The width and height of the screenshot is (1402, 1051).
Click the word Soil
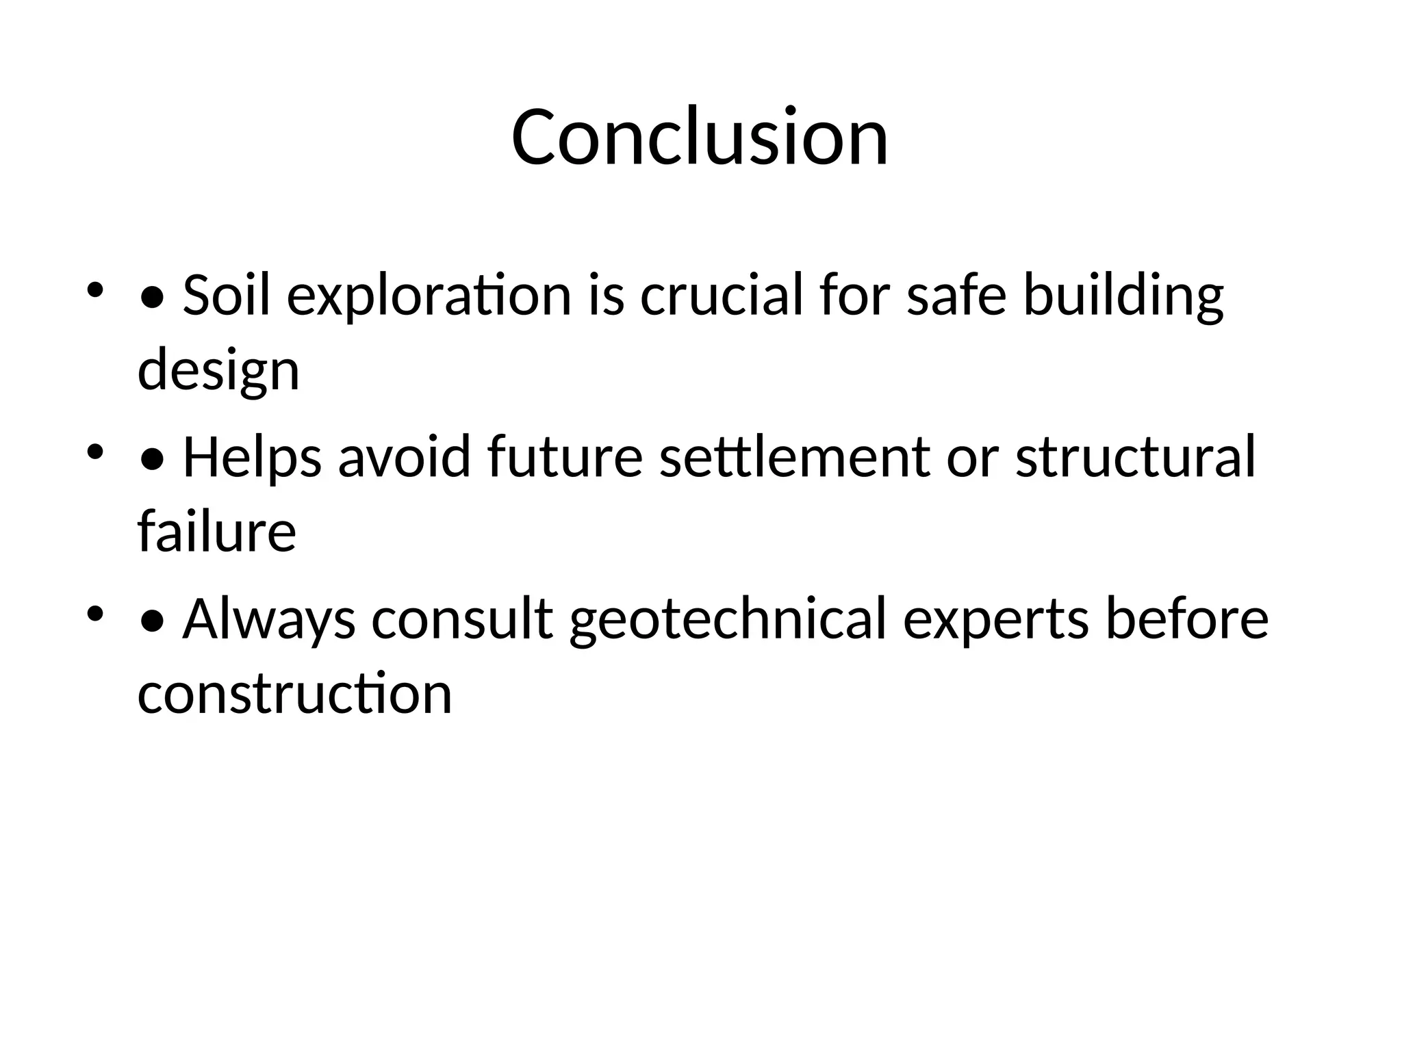point(227,296)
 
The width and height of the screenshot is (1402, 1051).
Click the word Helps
point(252,457)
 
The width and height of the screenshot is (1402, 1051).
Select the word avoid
point(405,457)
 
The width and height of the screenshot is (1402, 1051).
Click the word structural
point(1135,457)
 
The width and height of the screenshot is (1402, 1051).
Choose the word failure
point(216,531)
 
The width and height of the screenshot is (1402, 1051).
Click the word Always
point(269,619)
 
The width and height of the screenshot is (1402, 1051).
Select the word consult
point(462,619)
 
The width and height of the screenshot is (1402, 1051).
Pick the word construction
point(294,692)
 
